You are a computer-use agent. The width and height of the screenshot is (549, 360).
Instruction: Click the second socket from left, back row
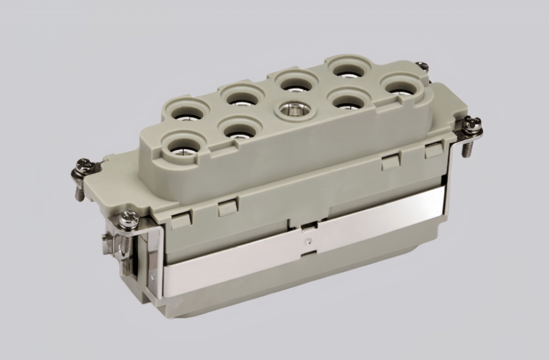pos(242,97)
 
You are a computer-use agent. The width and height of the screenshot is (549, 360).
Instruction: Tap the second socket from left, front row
pos(238,130)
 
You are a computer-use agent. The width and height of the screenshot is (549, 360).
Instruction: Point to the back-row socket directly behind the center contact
pos(296,83)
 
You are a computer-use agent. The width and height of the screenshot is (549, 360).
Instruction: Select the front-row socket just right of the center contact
pos(346,100)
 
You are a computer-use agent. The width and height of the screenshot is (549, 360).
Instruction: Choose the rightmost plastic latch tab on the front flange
pos(434,150)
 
